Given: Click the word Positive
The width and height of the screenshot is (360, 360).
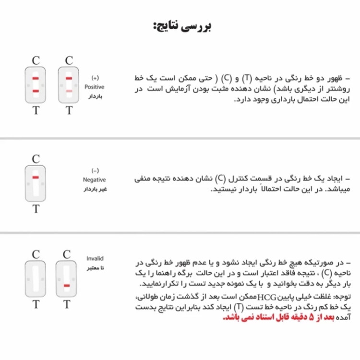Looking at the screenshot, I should coord(94,87).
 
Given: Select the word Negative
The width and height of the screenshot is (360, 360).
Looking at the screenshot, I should coord(94,180).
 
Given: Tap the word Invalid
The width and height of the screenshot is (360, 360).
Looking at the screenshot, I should coord(95,258).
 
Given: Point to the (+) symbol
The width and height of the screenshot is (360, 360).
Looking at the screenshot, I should coord(95,78).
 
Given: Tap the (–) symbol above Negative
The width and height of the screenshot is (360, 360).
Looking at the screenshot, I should coord(95,170).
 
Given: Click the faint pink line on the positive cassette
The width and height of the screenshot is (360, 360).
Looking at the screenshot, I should coord(69,91).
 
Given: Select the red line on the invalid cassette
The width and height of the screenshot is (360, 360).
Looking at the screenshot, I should coord(67,286).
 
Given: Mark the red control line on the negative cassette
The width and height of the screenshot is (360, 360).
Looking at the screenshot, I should coord(36,178).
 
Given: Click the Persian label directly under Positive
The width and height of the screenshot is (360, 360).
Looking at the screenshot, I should coord(95,96).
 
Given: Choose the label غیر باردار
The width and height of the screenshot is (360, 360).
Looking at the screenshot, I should coord(95,189).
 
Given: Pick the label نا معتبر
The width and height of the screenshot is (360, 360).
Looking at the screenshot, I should coord(95,267).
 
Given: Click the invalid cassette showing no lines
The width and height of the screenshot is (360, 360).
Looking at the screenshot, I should coord(36,278).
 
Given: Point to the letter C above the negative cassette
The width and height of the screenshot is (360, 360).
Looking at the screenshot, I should coord(36,158).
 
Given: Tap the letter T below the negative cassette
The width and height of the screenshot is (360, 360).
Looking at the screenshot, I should coord(36,209).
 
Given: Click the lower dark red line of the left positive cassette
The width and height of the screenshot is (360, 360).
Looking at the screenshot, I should coord(36,91).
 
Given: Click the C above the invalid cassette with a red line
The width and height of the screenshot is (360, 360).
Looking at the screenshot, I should coord(67,254).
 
